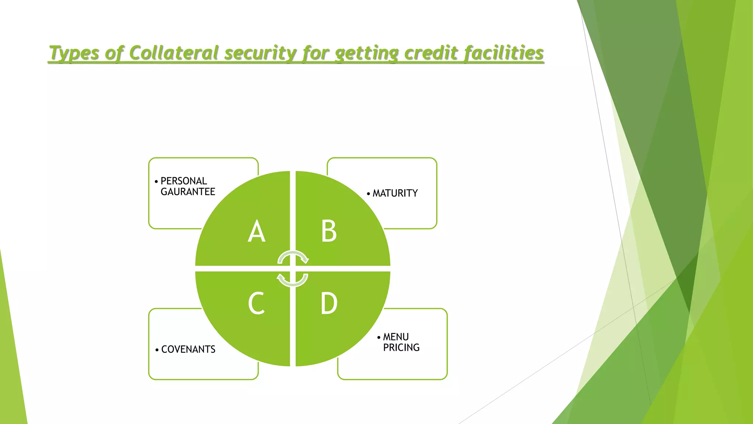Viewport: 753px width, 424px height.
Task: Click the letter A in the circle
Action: coord(257,231)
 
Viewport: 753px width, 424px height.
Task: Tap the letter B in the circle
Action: coord(329,231)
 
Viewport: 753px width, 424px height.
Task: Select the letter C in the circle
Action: coord(256,303)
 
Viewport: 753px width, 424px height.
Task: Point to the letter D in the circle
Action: coord(329,303)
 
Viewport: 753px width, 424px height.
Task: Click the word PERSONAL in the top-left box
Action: coord(184,181)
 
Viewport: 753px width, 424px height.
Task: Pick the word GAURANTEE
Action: coord(188,192)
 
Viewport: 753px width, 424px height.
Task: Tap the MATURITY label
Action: coord(395,193)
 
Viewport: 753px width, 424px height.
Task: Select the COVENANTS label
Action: coord(188,349)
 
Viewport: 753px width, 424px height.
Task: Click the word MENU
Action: coord(396,337)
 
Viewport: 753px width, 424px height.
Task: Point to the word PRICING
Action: coord(401,347)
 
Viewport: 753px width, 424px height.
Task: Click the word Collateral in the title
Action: coord(174,53)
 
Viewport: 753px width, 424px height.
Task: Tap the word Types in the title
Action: coord(74,53)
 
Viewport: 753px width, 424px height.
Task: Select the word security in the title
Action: coord(260,53)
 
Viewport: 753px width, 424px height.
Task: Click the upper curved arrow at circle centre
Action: coord(293,257)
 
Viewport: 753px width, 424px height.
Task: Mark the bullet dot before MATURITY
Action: coord(368,194)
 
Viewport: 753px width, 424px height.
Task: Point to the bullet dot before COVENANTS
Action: coord(157,350)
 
